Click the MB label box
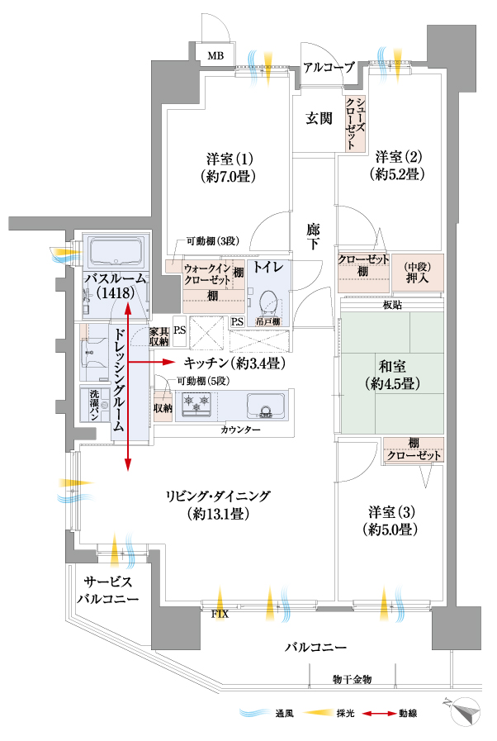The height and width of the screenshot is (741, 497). click(215, 55)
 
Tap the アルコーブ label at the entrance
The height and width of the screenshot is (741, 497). click(328, 68)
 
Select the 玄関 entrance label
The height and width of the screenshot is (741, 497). click(319, 118)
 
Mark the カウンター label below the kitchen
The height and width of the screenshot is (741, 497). click(240, 431)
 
